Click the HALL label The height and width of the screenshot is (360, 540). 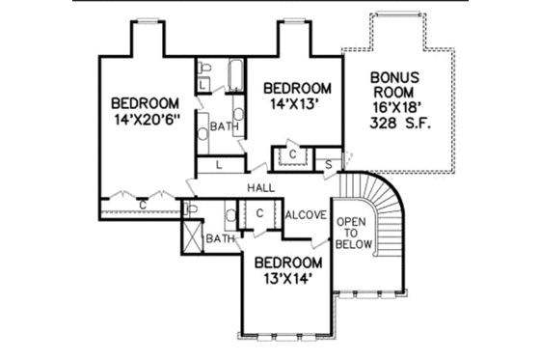click(259, 186)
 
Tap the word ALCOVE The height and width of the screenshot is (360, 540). click(307, 214)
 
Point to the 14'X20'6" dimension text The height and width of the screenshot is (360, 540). click(145, 122)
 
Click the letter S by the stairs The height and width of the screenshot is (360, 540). click(329, 165)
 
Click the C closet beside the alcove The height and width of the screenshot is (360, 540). click(260, 213)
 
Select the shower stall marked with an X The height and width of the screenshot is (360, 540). click(193, 236)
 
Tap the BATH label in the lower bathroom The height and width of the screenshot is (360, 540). click(220, 238)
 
